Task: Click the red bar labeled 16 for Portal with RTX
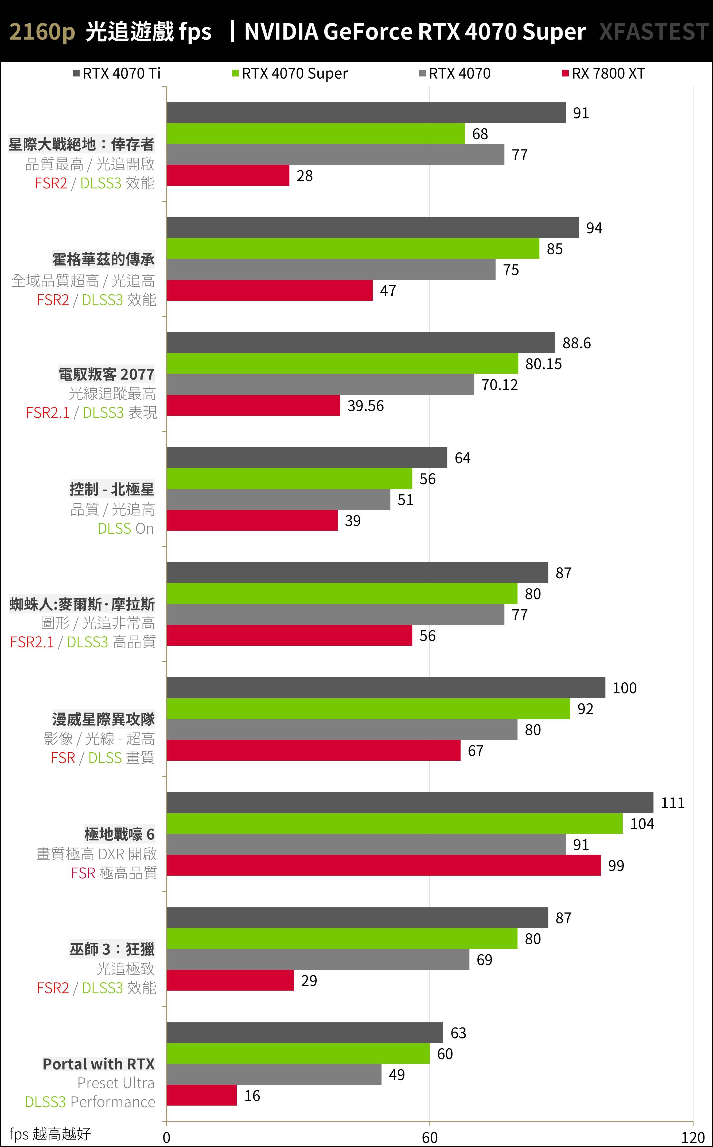(x=201, y=1095)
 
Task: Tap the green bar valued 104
(x=394, y=823)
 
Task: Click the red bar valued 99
(x=383, y=865)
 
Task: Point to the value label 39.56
(x=365, y=406)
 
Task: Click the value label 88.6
(x=576, y=343)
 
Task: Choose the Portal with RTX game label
(x=99, y=1064)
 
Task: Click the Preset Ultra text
(x=115, y=1083)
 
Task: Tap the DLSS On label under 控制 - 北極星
(x=126, y=528)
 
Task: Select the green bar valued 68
(x=315, y=133)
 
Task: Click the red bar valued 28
(x=228, y=175)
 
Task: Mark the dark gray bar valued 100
(x=386, y=687)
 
